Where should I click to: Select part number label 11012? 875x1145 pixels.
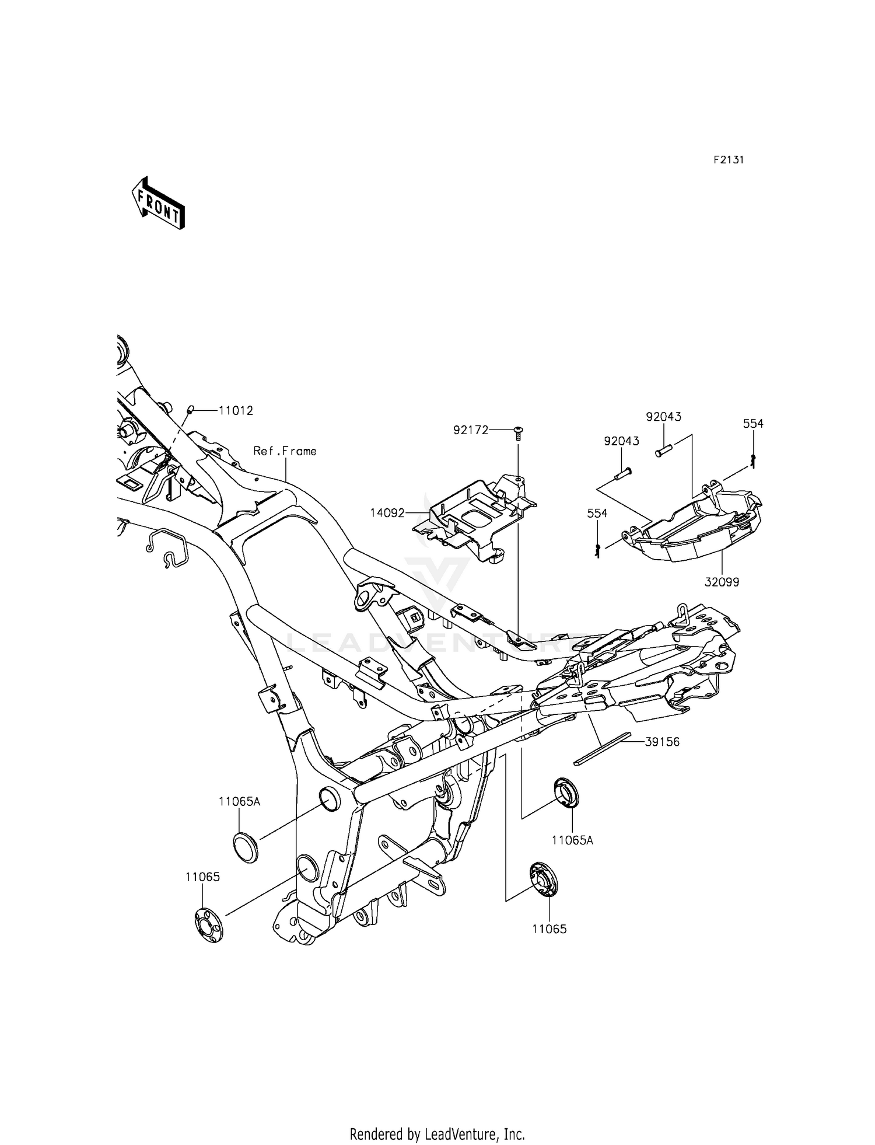(x=236, y=411)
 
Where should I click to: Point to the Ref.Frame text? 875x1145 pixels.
(x=285, y=451)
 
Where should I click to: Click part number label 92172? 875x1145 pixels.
(x=471, y=430)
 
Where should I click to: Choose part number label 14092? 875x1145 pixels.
(x=387, y=513)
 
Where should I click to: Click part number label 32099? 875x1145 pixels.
(x=722, y=582)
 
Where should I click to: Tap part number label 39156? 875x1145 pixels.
(x=662, y=742)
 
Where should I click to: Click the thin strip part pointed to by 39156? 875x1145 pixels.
(x=603, y=749)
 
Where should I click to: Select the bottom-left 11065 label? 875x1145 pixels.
(x=202, y=877)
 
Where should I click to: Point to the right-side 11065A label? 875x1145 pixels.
(x=572, y=840)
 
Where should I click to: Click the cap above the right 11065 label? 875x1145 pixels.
(x=544, y=879)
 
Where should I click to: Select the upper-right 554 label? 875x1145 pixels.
(x=753, y=424)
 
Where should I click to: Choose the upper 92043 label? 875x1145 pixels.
(x=663, y=417)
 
